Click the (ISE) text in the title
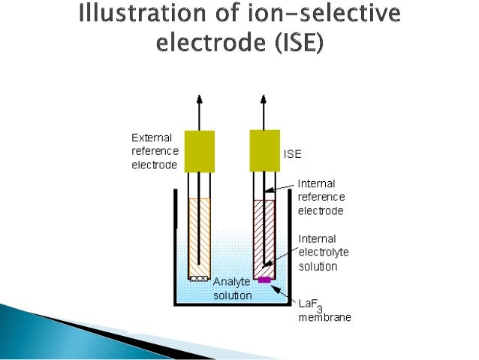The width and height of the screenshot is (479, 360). click(x=297, y=44)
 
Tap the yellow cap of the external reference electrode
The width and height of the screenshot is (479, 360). click(x=200, y=150)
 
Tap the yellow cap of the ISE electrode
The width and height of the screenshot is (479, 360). click(x=264, y=150)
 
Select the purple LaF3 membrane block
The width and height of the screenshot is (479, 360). click(x=264, y=280)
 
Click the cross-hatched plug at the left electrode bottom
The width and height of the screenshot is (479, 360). click(x=200, y=278)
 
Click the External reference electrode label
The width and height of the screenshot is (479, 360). click(x=155, y=151)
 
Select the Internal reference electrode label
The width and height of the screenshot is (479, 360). click(x=321, y=196)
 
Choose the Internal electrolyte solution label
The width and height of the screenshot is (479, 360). click(x=318, y=253)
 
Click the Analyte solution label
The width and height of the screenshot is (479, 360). click(x=233, y=289)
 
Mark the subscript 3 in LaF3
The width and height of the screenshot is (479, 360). click(x=319, y=309)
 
